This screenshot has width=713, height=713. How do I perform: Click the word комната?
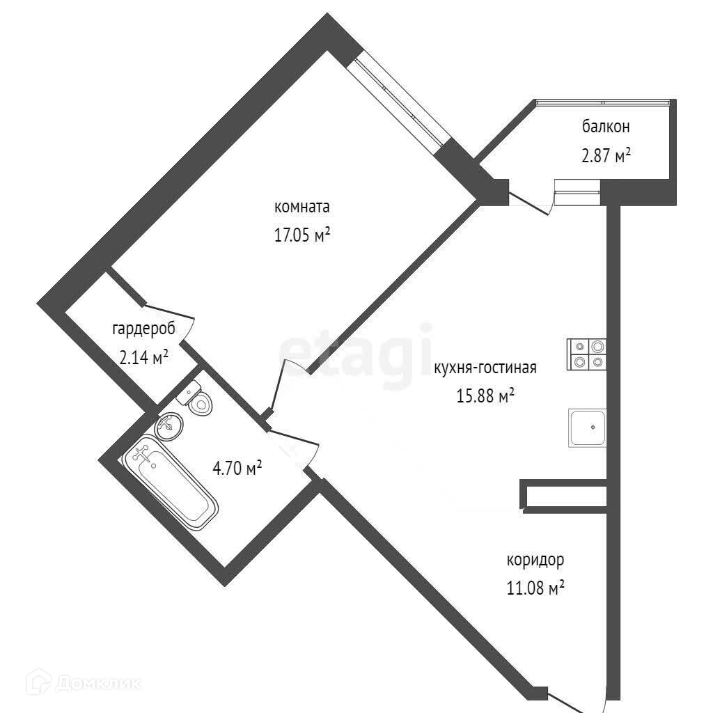click(301, 207)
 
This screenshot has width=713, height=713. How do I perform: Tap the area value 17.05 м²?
click(301, 236)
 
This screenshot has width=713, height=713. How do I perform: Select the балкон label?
click(606, 127)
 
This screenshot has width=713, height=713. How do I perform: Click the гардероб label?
click(143, 329)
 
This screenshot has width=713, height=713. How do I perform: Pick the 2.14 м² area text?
click(144, 359)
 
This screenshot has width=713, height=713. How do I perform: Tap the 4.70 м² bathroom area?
click(237, 468)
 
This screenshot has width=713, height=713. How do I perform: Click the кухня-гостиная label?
click(485, 368)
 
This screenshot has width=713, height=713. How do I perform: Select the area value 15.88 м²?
click(485, 396)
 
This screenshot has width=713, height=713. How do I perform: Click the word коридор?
click(535, 560)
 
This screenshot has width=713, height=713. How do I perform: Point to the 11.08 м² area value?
click(535, 589)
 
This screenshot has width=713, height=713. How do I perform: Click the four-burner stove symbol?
click(587, 354)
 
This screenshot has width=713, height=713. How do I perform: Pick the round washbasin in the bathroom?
click(169, 425)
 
